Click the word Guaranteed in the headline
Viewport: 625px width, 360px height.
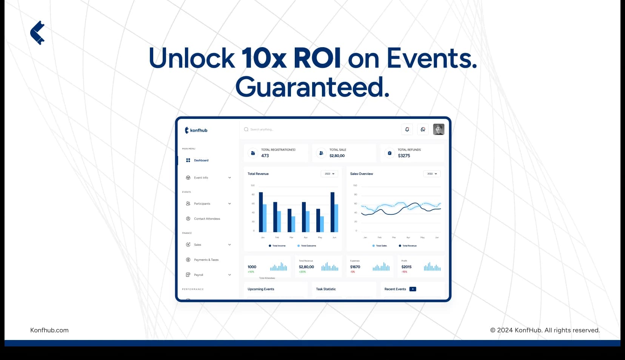click(x=312, y=87)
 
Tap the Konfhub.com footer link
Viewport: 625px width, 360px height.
click(x=49, y=330)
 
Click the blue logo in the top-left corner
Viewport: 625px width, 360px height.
click(x=37, y=33)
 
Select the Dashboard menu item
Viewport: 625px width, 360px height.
click(x=201, y=160)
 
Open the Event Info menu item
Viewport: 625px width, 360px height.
click(x=201, y=178)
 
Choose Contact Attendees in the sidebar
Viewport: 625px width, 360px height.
click(x=207, y=219)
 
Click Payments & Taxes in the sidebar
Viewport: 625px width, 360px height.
click(x=206, y=260)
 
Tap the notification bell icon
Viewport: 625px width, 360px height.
click(x=407, y=129)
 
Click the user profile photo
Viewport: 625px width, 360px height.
click(x=439, y=129)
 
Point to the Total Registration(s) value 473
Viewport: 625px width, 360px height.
click(x=265, y=156)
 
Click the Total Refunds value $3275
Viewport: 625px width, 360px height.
click(x=404, y=156)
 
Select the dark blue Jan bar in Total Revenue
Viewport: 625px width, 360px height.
click(x=261, y=212)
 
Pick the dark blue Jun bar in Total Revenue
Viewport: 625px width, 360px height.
click(x=333, y=212)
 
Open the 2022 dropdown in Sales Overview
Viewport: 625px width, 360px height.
click(x=432, y=174)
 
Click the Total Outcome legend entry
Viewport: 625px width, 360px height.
click(x=308, y=246)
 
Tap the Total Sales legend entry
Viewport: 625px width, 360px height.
click(x=381, y=246)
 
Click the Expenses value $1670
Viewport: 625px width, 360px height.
click(x=355, y=267)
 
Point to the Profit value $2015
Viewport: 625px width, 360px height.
click(x=406, y=267)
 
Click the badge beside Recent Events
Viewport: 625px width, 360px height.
click(x=413, y=289)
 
